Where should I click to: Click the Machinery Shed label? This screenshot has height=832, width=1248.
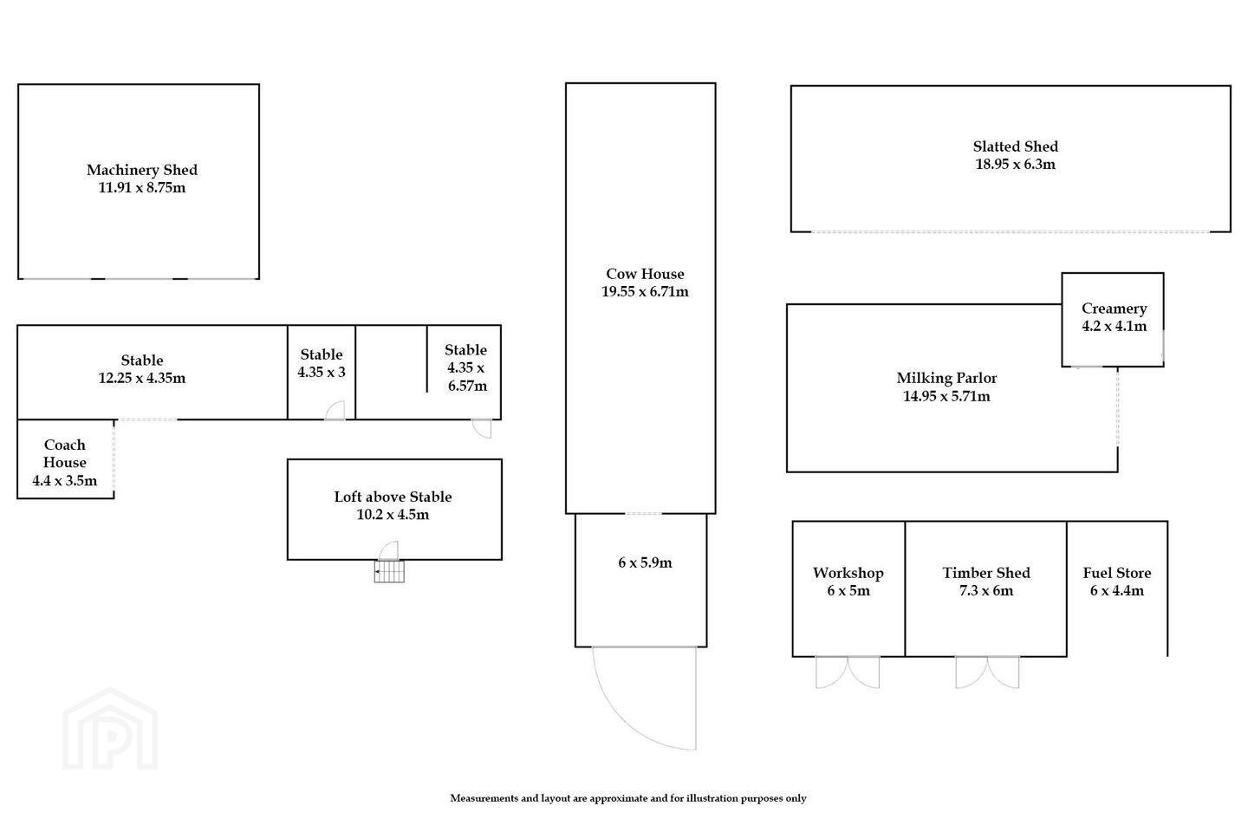click(141, 169)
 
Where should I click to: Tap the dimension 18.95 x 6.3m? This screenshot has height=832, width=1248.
click(1015, 165)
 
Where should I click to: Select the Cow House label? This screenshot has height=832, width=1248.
click(645, 274)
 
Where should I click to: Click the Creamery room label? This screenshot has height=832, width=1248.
click(1115, 309)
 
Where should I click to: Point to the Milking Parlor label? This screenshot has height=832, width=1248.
click(946, 378)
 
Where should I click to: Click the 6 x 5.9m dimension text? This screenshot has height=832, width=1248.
click(645, 562)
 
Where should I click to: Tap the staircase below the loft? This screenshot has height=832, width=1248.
click(389, 571)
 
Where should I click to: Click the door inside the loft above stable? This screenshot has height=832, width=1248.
click(389, 550)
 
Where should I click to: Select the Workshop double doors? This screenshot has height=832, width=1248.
click(848, 672)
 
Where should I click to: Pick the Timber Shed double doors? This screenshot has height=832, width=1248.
click(987, 672)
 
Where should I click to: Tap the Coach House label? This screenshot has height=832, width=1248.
click(65, 453)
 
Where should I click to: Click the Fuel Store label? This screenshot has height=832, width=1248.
click(1117, 573)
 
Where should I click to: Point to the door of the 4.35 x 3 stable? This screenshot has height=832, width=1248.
click(335, 411)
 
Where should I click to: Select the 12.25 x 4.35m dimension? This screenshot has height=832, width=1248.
click(141, 378)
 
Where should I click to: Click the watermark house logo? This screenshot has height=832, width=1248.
click(110, 729)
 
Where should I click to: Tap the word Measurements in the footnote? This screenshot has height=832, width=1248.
click(484, 798)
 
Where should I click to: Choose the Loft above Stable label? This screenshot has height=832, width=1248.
click(393, 497)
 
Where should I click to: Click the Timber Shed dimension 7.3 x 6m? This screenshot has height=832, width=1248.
click(986, 590)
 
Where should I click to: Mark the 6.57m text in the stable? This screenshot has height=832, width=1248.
click(467, 386)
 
